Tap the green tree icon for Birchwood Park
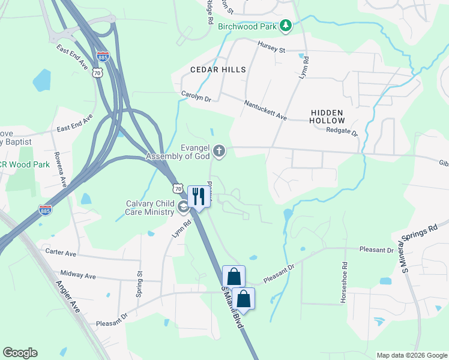(x=287, y=25)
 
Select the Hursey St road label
(x=271, y=46)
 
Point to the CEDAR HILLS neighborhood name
(x=218, y=70)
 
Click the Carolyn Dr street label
(x=196, y=96)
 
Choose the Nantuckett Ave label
(x=265, y=110)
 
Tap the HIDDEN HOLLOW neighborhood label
(x=327, y=116)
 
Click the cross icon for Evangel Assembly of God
(x=220, y=151)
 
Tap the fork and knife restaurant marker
(x=199, y=196)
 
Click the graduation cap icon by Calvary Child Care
(x=182, y=208)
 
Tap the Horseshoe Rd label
(x=345, y=282)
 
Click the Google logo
(x=20, y=353)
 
